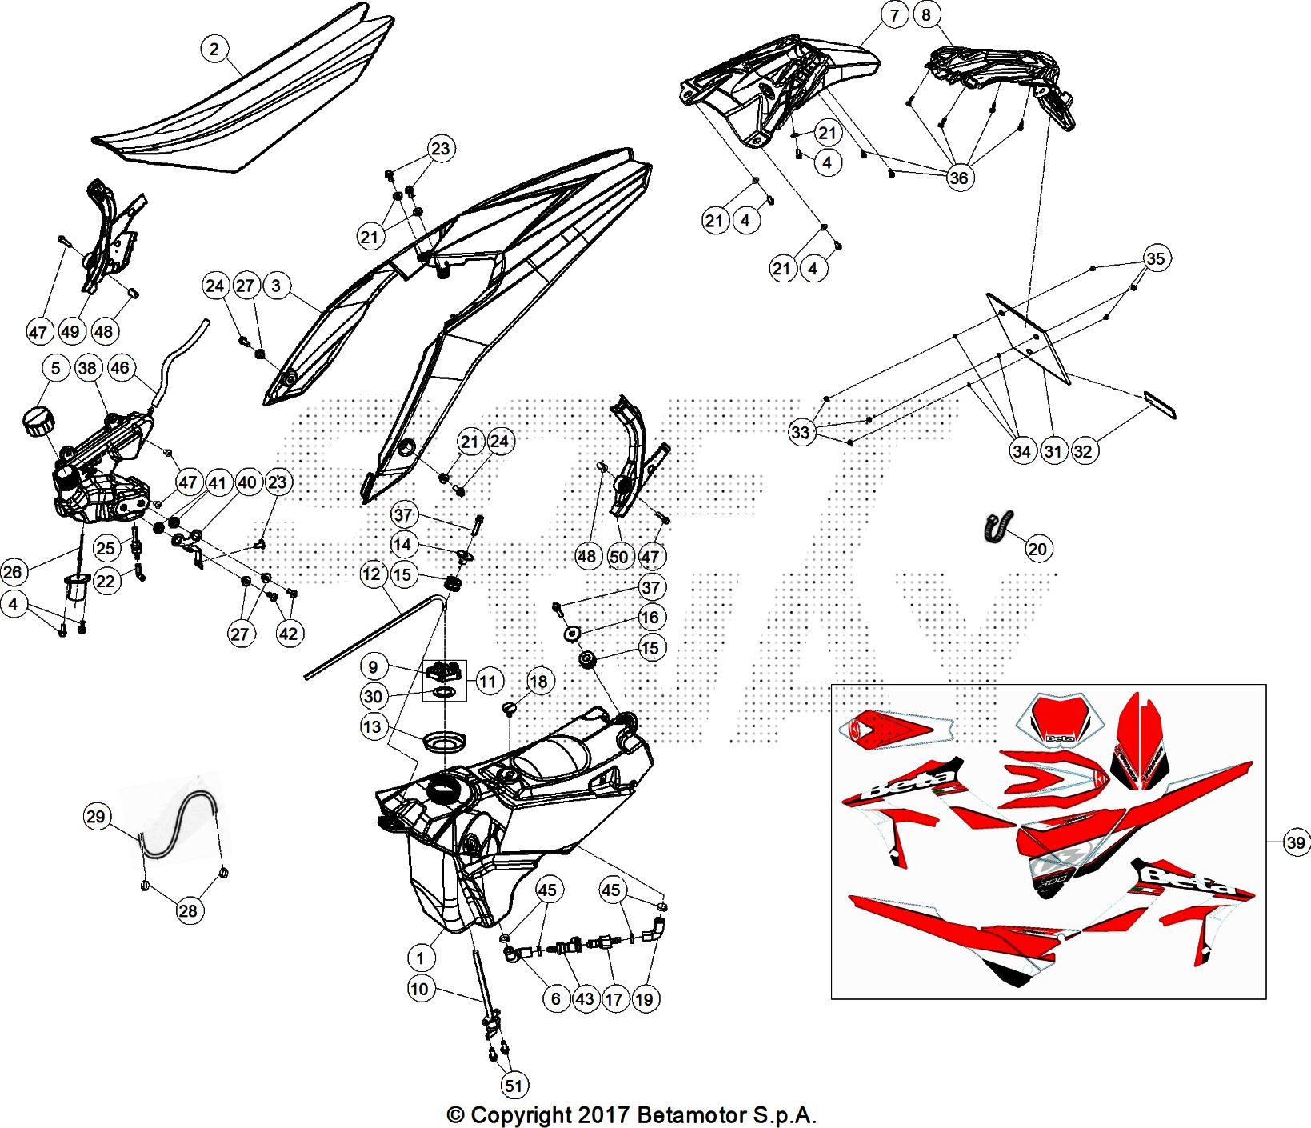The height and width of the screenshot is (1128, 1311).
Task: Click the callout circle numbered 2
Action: pyautogui.click(x=214, y=50)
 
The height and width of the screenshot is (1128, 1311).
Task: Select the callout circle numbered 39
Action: pyautogui.click(x=1296, y=842)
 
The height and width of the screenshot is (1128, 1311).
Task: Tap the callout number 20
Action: pyautogui.click(x=1037, y=549)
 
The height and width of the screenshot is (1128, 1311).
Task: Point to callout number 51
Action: pyautogui.click(x=514, y=1086)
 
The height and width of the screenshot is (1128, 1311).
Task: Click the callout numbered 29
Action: pyautogui.click(x=95, y=817)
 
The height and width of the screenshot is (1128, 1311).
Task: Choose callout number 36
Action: pyautogui.click(x=958, y=178)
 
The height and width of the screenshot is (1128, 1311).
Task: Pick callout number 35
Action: pyautogui.click(x=1156, y=258)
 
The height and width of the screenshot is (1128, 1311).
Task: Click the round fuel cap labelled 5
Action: pyautogui.click(x=38, y=420)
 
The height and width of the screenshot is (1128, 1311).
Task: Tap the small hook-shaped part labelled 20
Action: pyautogui.click(x=997, y=526)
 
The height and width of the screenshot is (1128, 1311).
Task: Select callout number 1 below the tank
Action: pyautogui.click(x=421, y=958)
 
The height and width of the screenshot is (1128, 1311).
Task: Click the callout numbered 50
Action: pyautogui.click(x=618, y=557)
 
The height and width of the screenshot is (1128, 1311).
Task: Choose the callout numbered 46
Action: pyautogui.click(x=119, y=368)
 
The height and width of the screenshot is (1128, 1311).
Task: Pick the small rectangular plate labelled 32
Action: pyautogui.click(x=1159, y=406)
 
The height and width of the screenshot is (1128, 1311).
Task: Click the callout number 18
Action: pyautogui.click(x=539, y=682)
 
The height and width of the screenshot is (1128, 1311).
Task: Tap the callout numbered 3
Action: pyautogui.click(x=276, y=286)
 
